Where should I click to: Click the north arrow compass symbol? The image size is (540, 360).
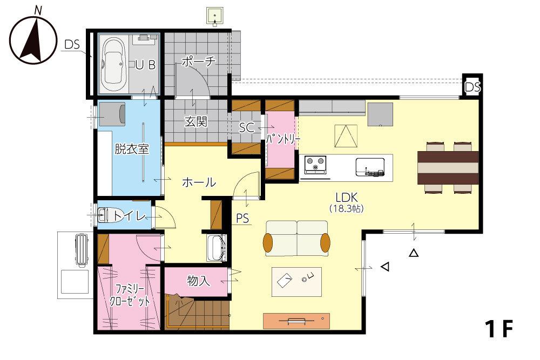[x=33, y=38]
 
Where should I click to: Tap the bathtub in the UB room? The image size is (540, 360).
[x=114, y=64]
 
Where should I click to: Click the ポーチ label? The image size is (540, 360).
[x=198, y=62]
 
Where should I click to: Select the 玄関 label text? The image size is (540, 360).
[x=196, y=121]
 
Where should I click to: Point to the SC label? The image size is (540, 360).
[x=247, y=128]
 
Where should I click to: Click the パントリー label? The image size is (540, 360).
[x=283, y=139]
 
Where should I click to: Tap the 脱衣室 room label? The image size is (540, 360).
[x=132, y=149]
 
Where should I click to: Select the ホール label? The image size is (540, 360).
[x=199, y=182]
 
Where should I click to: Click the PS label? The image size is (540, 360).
[x=242, y=219]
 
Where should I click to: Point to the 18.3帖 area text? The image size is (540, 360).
[x=347, y=208]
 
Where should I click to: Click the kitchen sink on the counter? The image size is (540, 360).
[x=370, y=167]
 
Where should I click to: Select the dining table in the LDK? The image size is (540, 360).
[x=448, y=168]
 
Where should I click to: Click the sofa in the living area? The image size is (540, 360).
[x=296, y=238]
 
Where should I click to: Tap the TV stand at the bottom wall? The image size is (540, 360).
[x=296, y=321]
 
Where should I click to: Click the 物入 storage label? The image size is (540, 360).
[x=198, y=281]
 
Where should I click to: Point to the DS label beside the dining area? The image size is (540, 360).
[x=473, y=87]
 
